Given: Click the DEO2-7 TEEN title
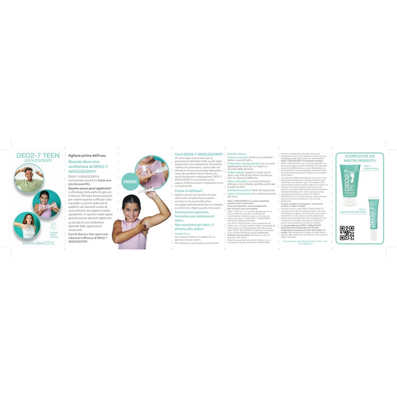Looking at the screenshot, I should click(38, 155).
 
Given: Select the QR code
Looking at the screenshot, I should click(346, 233).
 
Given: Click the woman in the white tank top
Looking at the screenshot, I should click(27, 225).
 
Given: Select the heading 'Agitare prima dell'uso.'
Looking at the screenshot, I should click(87, 155).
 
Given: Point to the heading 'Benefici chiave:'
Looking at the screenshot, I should click(238, 154).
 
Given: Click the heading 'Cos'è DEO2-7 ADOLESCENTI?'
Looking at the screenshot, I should click(198, 155).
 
